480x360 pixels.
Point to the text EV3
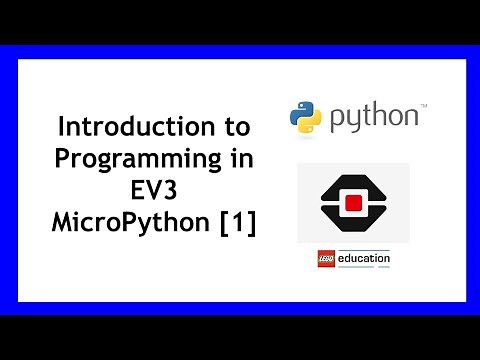[x=154, y=192]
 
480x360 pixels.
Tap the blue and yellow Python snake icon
[x=305, y=117]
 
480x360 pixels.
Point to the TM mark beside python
[x=424, y=105]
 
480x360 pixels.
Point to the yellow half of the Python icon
[x=310, y=123]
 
